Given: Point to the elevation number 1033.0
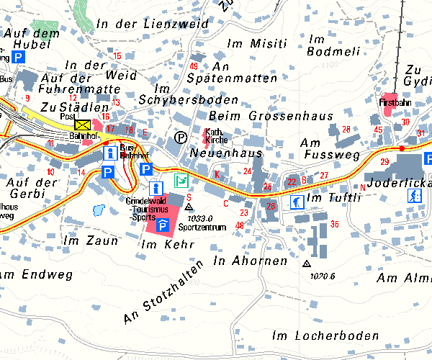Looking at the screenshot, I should [201, 217].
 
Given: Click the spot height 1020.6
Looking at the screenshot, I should [323, 275].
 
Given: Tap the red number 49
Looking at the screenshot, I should [194, 66].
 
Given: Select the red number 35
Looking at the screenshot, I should [334, 225].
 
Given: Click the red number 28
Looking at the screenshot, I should [346, 129].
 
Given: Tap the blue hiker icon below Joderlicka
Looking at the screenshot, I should [414, 196].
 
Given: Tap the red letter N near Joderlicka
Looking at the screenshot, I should [363, 187].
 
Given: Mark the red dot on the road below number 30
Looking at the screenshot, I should [402, 148].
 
